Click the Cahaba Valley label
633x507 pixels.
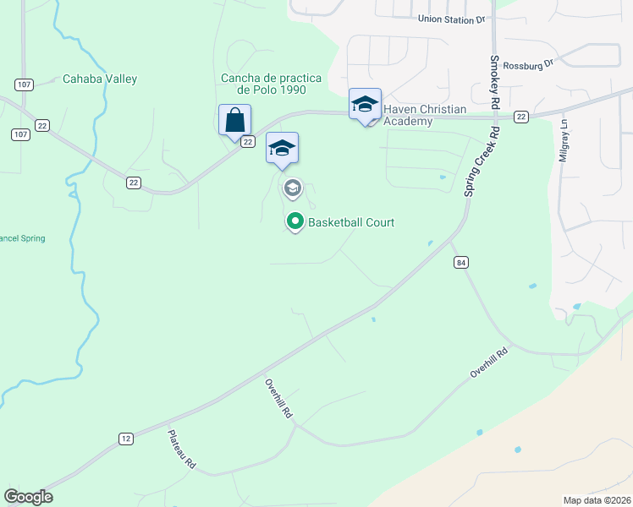point(100,79)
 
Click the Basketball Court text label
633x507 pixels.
point(351,223)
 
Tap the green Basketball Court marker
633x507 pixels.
point(295,222)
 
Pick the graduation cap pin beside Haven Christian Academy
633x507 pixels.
point(365,104)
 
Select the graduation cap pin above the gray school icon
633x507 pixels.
point(282,149)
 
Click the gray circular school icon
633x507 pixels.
point(294,188)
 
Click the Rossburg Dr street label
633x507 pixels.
point(526,64)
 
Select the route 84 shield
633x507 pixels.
point(460,263)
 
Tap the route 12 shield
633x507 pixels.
point(126,438)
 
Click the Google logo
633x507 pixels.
point(28,497)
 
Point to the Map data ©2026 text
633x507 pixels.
point(597,500)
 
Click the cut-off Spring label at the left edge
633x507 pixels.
point(22,238)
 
